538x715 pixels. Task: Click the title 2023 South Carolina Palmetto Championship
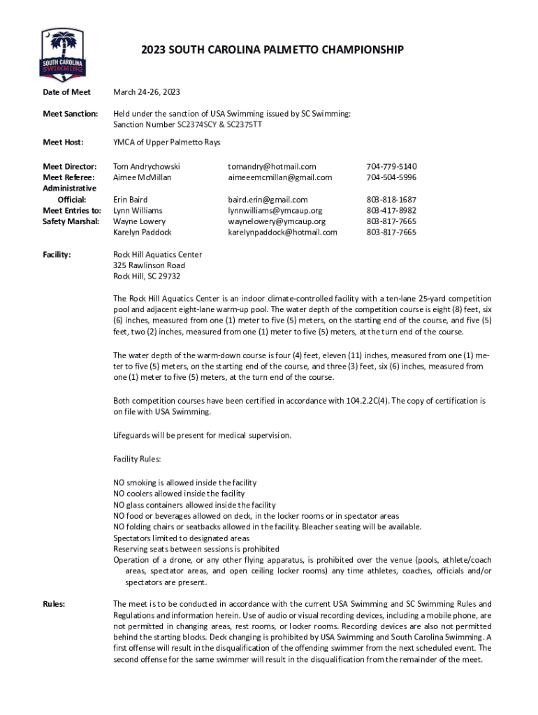click(x=272, y=50)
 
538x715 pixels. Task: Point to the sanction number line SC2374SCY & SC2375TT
click(x=188, y=124)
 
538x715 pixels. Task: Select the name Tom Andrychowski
click(x=147, y=166)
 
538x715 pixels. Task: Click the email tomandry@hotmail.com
click(x=272, y=166)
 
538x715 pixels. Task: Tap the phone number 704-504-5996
click(x=391, y=177)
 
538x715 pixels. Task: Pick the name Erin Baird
click(x=131, y=199)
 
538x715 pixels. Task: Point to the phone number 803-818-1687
click(x=391, y=199)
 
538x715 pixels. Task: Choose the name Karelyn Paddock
click(x=143, y=232)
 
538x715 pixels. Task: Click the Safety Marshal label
click(x=72, y=221)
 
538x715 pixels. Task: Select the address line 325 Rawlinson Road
click(x=149, y=265)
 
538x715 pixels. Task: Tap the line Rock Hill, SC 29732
click(x=147, y=277)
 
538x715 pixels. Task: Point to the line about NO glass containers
click(x=194, y=505)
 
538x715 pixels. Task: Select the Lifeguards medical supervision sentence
click(x=202, y=436)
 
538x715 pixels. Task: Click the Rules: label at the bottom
click(x=54, y=604)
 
